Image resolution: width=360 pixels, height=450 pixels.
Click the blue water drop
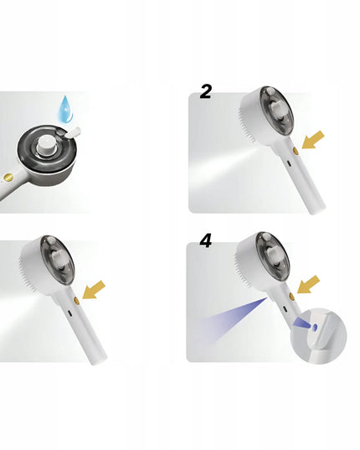click(x=65, y=110)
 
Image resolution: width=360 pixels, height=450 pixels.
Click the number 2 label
click(x=205, y=92)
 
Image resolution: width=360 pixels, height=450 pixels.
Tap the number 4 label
click(x=205, y=241)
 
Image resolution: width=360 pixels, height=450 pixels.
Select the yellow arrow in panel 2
click(x=313, y=140)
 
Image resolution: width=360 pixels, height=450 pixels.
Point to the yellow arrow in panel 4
click(x=308, y=284)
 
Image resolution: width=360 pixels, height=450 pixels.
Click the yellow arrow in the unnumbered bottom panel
click(x=94, y=290)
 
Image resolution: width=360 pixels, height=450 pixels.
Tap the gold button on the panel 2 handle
click(x=296, y=151)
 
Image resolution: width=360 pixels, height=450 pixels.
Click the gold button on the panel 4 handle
click(x=291, y=296)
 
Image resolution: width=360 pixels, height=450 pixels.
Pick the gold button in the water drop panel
click(x=8, y=177)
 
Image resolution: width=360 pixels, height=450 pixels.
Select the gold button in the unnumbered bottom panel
click(x=76, y=301)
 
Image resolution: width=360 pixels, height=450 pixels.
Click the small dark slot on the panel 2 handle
click(x=289, y=164)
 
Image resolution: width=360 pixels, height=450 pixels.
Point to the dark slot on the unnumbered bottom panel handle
click(x=69, y=313)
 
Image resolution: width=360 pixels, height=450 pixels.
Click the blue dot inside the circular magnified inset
click(x=315, y=327)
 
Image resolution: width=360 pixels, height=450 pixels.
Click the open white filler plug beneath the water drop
click(x=73, y=132)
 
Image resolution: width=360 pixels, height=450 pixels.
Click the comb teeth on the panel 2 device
click(x=245, y=127)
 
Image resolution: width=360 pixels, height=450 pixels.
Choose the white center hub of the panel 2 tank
click(x=277, y=111)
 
